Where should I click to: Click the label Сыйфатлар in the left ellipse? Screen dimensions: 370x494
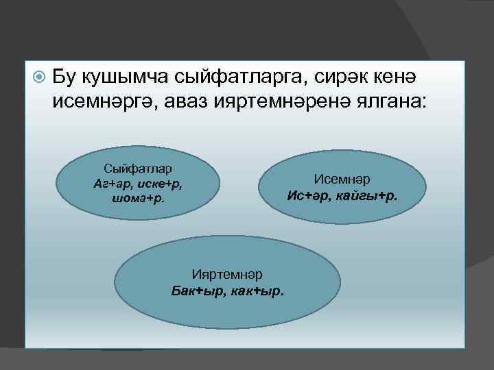(x=137, y=169)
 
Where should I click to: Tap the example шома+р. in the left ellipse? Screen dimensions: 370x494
(x=138, y=199)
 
